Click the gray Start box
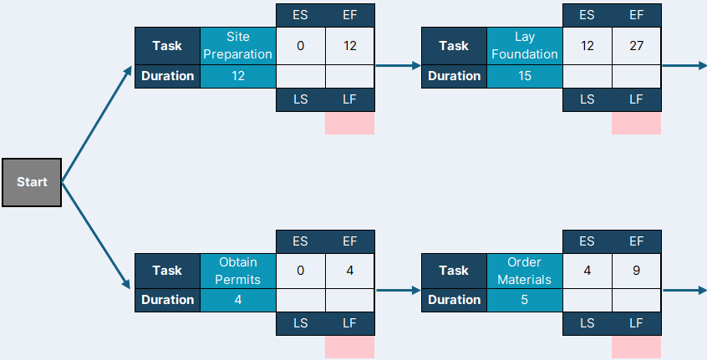(x=32, y=182)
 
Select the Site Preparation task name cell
(x=237, y=45)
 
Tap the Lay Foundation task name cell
(x=524, y=45)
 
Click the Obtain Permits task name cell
(x=237, y=271)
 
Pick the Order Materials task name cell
(x=524, y=271)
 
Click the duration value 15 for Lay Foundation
(x=524, y=76)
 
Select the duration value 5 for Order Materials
(x=524, y=300)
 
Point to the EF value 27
(x=636, y=45)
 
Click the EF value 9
(x=636, y=271)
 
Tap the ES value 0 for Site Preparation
(x=300, y=45)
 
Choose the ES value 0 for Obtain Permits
(x=300, y=271)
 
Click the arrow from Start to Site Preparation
(x=96, y=124)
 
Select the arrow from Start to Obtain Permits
(x=96, y=236)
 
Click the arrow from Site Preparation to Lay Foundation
(x=398, y=66)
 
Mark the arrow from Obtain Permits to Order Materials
(x=398, y=291)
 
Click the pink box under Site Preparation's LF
(x=349, y=123)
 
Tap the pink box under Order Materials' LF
(x=636, y=347)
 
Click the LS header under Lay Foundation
(x=587, y=99)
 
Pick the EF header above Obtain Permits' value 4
(x=349, y=241)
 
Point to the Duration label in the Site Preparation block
(x=167, y=76)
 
